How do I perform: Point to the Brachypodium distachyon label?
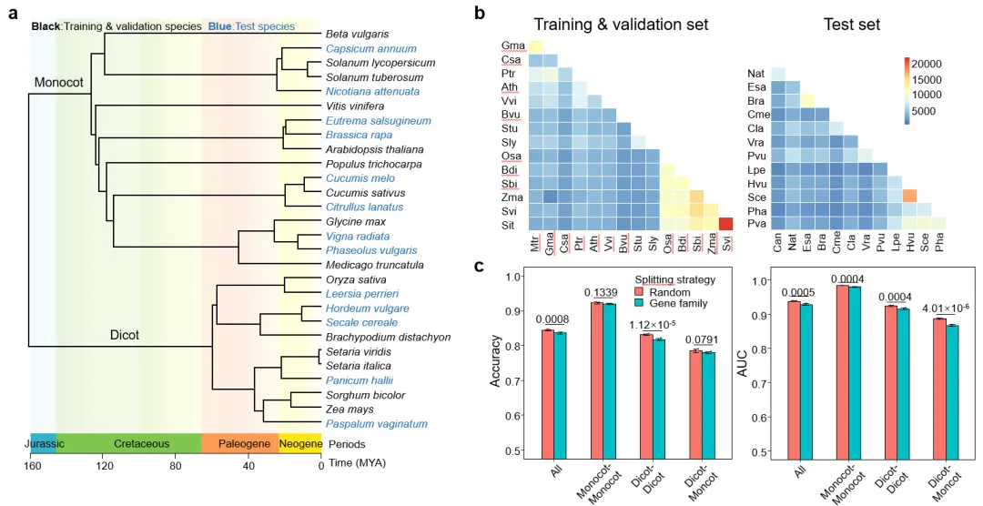[376, 337]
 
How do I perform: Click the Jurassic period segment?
[43, 444]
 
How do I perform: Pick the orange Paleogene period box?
[239, 444]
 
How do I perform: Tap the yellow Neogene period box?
[299, 444]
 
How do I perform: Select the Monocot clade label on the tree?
[59, 82]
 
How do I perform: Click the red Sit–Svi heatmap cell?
[725, 224]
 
